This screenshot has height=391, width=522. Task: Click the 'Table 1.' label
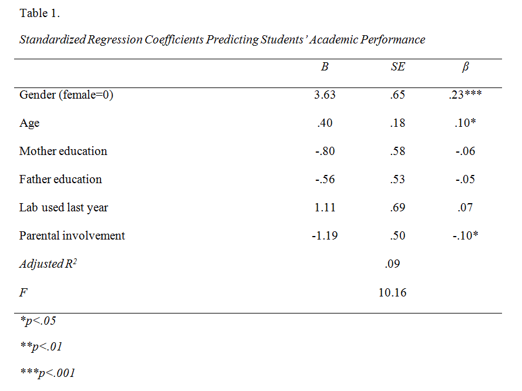[x=40, y=13]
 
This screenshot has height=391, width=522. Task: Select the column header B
[x=325, y=67]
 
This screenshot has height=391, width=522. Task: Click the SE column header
[x=398, y=67]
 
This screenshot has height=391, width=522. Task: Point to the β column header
[x=466, y=67]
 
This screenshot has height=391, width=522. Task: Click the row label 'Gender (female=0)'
[x=66, y=95]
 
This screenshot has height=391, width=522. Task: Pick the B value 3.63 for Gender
[x=325, y=95]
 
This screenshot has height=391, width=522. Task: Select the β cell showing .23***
[x=465, y=95]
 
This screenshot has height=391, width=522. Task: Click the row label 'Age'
[x=29, y=123]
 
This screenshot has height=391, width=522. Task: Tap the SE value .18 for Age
[x=398, y=123]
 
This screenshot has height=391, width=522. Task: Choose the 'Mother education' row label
[x=63, y=151]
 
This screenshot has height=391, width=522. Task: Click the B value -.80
[x=325, y=151]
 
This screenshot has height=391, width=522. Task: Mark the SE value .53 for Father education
[x=398, y=179]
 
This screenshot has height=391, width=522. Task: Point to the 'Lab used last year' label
[x=63, y=207]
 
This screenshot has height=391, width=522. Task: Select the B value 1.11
[x=325, y=207]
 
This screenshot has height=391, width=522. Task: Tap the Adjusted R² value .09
[x=392, y=264]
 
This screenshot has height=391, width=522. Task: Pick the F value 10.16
[x=392, y=292]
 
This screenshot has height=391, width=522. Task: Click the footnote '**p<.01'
[x=41, y=347]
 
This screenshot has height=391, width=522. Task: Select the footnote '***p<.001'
[x=47, y=373]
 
